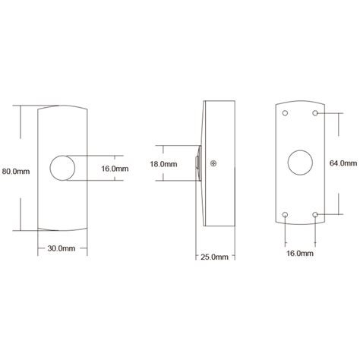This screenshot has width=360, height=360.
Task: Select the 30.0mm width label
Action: (x=61, y=248)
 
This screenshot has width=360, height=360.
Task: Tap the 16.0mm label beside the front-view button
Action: (x=114, y=169)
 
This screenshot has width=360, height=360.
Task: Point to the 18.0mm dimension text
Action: (x=164, y=163)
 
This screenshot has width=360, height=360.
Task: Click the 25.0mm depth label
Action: (x=214, y=257)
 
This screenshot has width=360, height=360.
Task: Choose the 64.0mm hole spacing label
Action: (x=343, y=163)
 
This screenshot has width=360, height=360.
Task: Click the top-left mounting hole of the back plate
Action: (x=284, y=113)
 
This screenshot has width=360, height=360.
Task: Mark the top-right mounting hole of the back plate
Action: (x=316, y=113)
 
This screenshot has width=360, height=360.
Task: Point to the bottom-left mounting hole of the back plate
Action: (x=284, y=214)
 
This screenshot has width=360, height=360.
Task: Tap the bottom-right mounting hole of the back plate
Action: (x=316, y=214)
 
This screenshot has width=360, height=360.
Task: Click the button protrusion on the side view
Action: (x=198, y=163)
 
